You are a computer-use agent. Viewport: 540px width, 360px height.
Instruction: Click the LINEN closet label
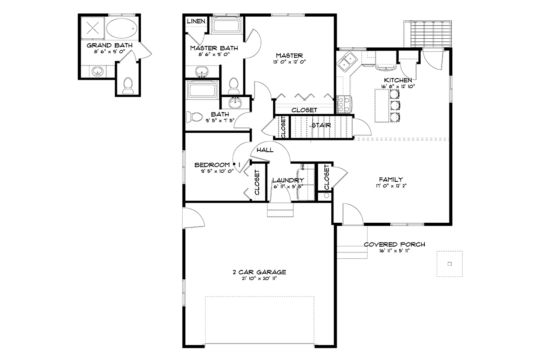coord(196,21)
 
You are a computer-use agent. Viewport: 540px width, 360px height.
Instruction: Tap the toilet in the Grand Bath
coord(128,85)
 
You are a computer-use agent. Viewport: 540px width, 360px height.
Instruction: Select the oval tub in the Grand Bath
coord(121,28)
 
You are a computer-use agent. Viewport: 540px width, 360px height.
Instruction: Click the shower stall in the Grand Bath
coord(93,28)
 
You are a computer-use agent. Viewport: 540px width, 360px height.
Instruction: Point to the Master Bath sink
coord(202,72)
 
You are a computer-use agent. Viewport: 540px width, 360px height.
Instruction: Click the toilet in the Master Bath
coord(234,85)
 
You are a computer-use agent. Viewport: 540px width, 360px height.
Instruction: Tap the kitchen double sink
coord(346,62)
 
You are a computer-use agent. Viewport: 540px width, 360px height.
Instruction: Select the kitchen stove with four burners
coord(344,104)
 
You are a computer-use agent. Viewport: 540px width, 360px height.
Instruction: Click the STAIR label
coord(321,125)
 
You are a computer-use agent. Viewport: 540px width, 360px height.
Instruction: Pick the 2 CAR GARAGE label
coord(259,272)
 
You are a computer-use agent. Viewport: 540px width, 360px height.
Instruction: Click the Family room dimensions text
coord(391,186)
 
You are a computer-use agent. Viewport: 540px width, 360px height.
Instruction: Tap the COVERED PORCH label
coord(394,244)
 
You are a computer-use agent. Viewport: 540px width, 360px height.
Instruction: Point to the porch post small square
coord(450,264)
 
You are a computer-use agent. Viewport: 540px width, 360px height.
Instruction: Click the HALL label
coord(265,150)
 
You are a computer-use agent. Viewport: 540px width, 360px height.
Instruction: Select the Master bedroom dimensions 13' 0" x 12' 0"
coord(289,62)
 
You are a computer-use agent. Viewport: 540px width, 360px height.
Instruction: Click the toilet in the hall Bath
coord(194,117)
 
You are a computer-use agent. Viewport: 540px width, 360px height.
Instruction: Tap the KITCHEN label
coord(398,80)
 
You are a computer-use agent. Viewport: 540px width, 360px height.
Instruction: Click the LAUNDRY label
coord(288,180)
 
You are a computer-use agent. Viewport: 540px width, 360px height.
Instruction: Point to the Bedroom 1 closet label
coord(257,183)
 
